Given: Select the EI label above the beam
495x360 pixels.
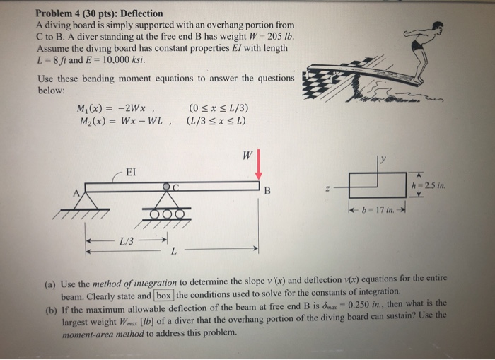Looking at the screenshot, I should [132, 171].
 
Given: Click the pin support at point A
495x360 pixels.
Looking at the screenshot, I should [86, 200].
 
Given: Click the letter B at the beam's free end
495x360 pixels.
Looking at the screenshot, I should [267, 190].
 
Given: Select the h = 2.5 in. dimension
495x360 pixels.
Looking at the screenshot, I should [433, 186].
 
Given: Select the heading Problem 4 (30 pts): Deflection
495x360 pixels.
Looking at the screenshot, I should [99, 13].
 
